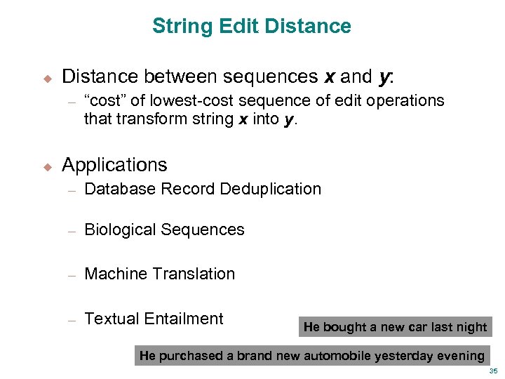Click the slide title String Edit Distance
point(252,27)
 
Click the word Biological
point(120,230)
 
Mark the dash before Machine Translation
point(71,274)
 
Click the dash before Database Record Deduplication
point(71,189)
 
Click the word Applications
point(114,165)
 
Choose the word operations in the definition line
point(409,100)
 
